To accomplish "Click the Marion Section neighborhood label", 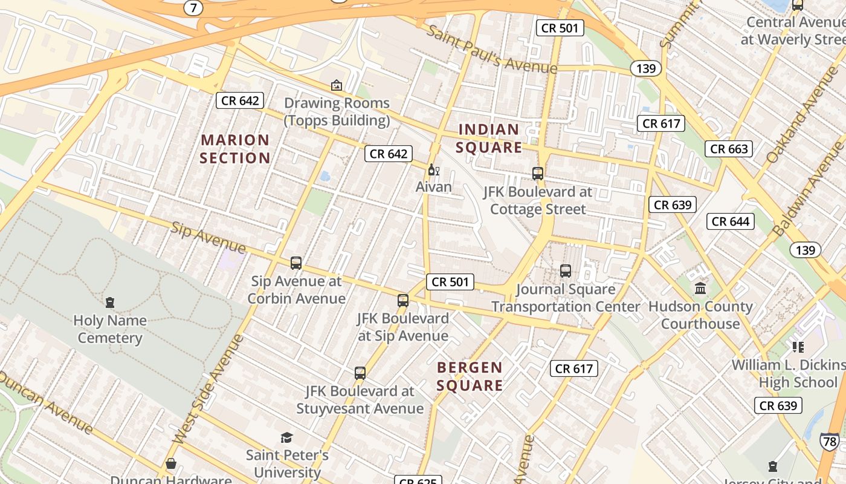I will point(235,149).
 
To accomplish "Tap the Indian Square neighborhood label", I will point(488,138).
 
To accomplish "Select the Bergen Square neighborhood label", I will point(470,376).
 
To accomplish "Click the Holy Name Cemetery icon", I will point(110,302).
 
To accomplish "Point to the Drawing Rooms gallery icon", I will point(337,85).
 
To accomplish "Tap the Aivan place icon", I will point(433,169).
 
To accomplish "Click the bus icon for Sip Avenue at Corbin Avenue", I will point(296,263).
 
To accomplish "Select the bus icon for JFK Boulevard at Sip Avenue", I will point(403,301).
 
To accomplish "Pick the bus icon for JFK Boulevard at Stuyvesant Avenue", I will point(360,373).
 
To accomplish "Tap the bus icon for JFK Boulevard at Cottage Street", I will point(537,174).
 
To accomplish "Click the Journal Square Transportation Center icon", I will point(566,271).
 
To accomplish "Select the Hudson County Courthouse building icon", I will point(700,289).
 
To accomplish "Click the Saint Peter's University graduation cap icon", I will point(286,437).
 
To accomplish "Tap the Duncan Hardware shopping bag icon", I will point(171,464).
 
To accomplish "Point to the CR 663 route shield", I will point(729,149).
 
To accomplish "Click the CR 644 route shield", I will point(730,221).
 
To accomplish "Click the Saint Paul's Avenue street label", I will point(491,48).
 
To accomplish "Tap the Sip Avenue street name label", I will point(208,237).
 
